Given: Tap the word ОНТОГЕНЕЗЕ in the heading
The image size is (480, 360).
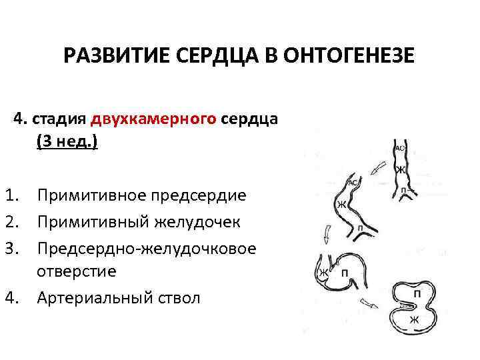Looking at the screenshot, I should click(x=348, y=55).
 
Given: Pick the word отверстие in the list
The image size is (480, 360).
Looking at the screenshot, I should click(x=77, y=271).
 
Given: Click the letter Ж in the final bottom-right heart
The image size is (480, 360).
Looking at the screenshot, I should click(x=413, y=319).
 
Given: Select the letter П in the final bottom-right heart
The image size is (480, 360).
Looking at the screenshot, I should click(x=417, y=293).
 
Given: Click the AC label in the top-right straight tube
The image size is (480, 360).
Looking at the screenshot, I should click(x=400, y=148).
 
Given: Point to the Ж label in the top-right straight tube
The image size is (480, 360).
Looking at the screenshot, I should click(x=401, y=171).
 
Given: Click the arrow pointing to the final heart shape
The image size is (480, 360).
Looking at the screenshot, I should click(x=367, y=303).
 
